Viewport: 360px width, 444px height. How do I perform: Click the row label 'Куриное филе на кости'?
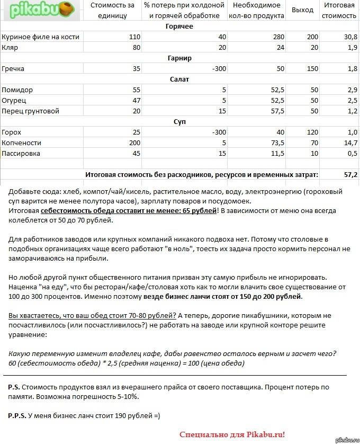tap(41, 37)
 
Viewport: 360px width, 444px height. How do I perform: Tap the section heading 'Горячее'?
tap(179, 26)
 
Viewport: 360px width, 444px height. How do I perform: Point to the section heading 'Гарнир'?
tap(179, 58)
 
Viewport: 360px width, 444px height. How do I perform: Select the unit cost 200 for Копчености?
tap(134, 143)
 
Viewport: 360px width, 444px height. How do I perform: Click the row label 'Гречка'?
tap(13, 69)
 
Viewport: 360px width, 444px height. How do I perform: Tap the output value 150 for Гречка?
tap(312, 69)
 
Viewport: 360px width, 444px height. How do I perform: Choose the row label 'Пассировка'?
tap(21, 154)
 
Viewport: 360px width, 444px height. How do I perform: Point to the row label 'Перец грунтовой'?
tap(30, 111)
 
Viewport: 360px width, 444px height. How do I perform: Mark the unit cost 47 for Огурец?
tap(136, 101)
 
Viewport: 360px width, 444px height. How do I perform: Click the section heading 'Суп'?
tap(179, 122)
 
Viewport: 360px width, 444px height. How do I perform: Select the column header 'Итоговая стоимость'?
tap(339, 10)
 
